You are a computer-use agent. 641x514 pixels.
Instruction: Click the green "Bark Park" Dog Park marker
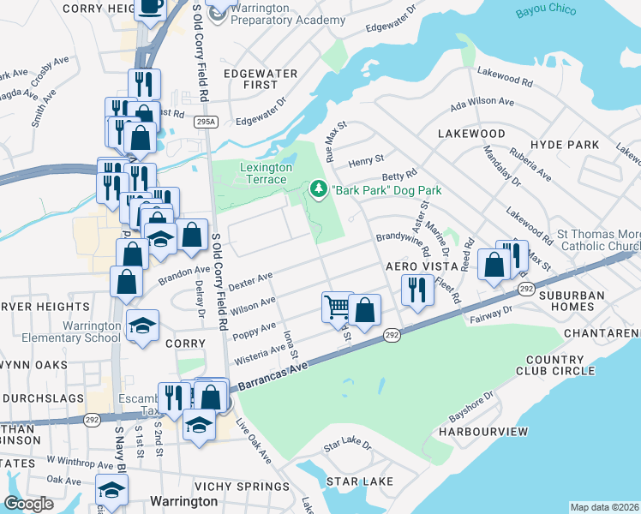(319, 188)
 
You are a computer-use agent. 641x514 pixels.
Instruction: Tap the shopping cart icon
(337, 306)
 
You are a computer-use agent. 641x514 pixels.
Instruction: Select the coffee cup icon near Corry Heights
(151, 6)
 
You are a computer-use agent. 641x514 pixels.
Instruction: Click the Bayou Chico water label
(547, 12)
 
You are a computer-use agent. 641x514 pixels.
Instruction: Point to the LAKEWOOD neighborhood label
(471, 134)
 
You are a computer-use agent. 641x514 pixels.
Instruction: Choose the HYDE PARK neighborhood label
(565, 145)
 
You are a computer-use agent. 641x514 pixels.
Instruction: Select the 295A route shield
(206, 123)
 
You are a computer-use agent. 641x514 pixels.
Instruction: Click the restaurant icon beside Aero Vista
(417, 289)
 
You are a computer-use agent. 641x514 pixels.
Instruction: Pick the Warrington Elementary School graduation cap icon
(143, 325)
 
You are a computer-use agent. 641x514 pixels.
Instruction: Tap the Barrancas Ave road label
(268, 371)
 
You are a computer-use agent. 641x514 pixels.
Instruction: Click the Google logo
(29, 503)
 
